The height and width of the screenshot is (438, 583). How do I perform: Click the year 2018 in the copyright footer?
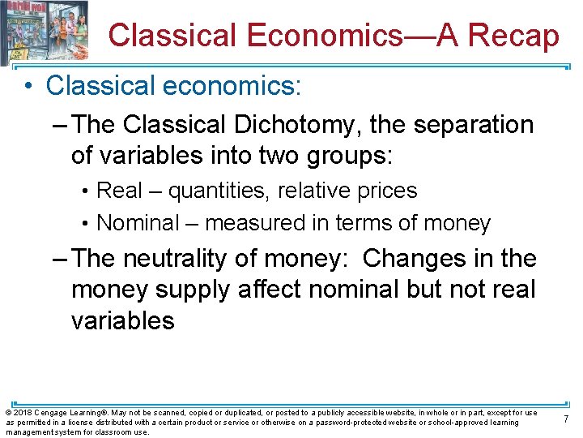[x=23, y=413]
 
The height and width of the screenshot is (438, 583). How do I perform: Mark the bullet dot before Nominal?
[x=85, y=223]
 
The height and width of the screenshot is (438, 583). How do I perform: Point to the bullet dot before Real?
[x=85, y=191]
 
